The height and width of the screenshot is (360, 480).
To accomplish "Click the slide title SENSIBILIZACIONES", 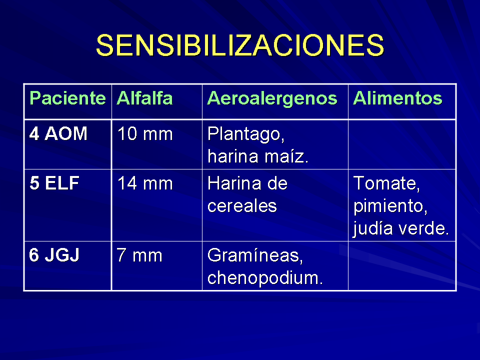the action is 240,45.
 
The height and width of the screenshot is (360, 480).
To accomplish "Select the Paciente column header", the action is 67,98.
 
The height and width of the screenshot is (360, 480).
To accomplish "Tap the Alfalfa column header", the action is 144,98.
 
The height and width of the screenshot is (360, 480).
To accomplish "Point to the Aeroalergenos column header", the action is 272,99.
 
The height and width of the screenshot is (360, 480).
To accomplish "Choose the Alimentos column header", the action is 397,98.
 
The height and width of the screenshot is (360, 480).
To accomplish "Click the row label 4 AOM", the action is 58,134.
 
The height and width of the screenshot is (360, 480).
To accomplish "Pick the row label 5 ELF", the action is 54,183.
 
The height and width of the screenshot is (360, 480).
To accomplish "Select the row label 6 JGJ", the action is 54,255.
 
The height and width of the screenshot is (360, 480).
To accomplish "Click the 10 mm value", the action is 145,134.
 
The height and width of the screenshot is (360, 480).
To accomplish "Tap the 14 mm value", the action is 145,183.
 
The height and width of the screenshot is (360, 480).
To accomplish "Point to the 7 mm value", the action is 139,255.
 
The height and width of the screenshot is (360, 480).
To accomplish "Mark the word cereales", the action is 242,205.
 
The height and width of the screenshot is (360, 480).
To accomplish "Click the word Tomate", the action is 386,183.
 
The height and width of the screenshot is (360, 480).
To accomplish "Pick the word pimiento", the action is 390,206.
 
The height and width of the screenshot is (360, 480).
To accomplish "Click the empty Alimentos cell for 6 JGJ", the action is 402,265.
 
